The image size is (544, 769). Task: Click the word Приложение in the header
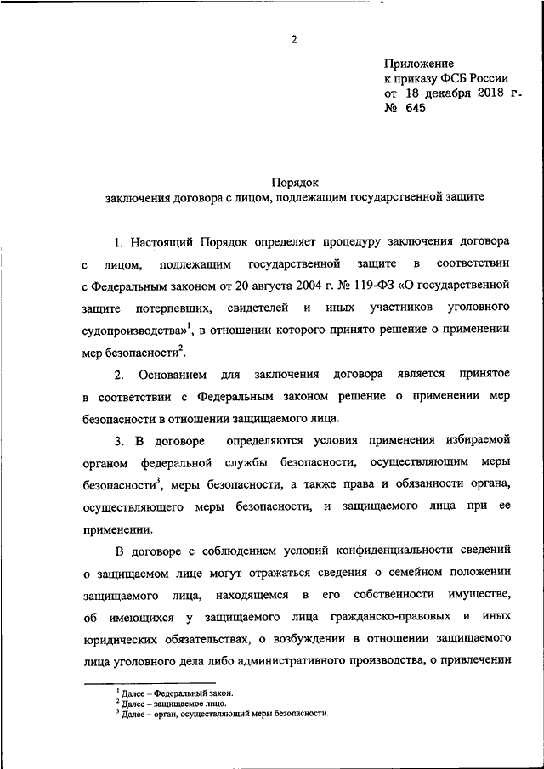click(x=419, y=63)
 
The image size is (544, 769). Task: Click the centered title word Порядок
click(x=294, y=182)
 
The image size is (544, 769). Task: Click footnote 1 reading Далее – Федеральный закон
click(x=164, y=693)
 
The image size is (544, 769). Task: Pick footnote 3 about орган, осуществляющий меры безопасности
click(x=221, y=714)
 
